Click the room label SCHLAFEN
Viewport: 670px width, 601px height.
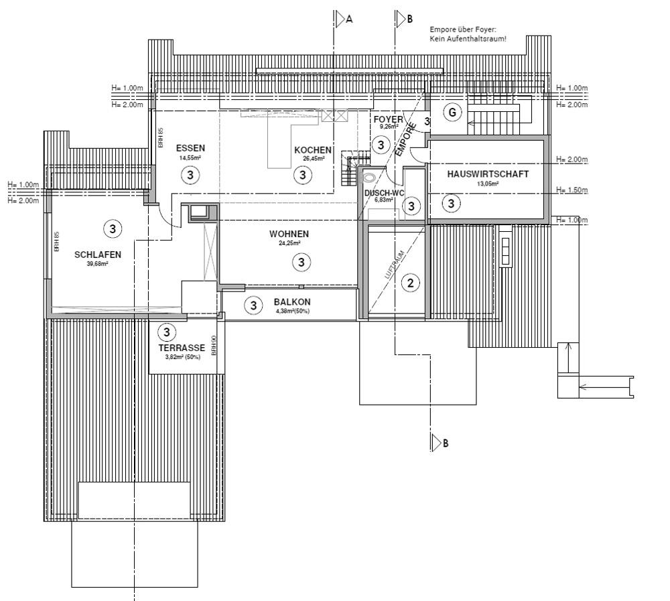tap(98, 255)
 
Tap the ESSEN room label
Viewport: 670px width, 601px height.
tap(190, 148)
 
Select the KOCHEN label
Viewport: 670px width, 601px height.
tap(312, 150)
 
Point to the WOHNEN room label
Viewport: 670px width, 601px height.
tap(289, 234)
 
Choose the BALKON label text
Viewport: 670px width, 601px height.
tap(292, 302)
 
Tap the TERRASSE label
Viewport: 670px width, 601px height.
tap(181, 348)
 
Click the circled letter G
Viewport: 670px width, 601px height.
tap(453, 113)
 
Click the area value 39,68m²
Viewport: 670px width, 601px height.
tap(97, 263)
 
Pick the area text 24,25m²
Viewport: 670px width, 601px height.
tap(289, 243)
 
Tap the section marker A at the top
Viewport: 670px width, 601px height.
tap(348, 19)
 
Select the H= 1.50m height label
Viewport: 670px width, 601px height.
tap(572, 192)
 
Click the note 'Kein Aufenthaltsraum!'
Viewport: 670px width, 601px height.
tap(468, 40)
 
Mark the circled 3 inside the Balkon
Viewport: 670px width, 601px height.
tap(253, 306)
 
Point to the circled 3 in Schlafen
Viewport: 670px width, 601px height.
tap(113, 229)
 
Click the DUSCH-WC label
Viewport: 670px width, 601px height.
tap(384, 193)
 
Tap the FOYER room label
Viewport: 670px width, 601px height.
tap(388, 119)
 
